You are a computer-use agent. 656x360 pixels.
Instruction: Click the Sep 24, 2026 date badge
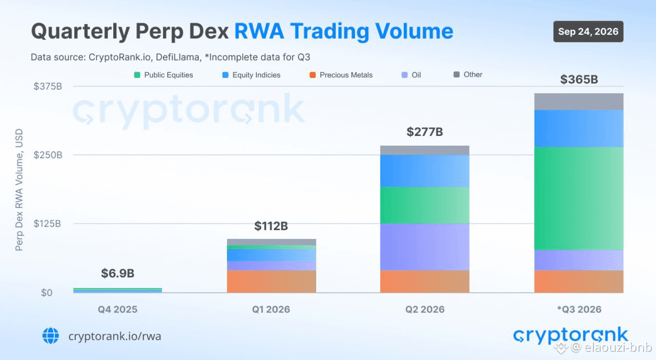tap(588, 31)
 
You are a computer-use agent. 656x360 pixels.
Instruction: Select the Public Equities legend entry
tap(163, 75)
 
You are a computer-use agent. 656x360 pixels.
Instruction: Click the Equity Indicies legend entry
tap(251, 75)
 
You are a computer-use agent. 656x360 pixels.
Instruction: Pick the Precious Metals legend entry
tap(341, 75)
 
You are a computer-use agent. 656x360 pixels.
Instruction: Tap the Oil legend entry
tap(411, 75)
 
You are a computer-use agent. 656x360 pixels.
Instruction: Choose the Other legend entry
tap(468, 74)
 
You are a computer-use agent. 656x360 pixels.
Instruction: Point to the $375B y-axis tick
tap(48, 86)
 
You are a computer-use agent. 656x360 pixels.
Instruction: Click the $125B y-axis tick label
tap(47, 224)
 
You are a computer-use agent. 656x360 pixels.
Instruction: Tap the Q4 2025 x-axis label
tap(117, 309)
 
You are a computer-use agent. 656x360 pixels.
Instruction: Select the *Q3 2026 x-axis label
tap(579, 309)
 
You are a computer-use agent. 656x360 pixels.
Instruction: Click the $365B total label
tap(579, 79)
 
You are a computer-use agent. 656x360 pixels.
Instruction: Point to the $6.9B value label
tap(118, 273)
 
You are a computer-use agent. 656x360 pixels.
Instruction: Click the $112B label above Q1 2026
tap(271, 226)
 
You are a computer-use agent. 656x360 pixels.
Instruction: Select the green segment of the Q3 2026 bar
tap(579, 198)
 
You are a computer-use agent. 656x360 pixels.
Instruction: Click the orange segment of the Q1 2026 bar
tap(272, 282)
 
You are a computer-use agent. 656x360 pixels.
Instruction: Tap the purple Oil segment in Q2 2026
tap(425, 247)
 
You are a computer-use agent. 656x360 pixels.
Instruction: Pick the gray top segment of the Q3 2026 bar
tap(579, 102)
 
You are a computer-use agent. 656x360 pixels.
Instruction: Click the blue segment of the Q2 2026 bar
tap(425, 171)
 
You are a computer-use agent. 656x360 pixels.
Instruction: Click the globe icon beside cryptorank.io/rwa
tap(51, 336)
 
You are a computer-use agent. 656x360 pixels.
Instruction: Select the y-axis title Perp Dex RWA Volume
tap(19, 190)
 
